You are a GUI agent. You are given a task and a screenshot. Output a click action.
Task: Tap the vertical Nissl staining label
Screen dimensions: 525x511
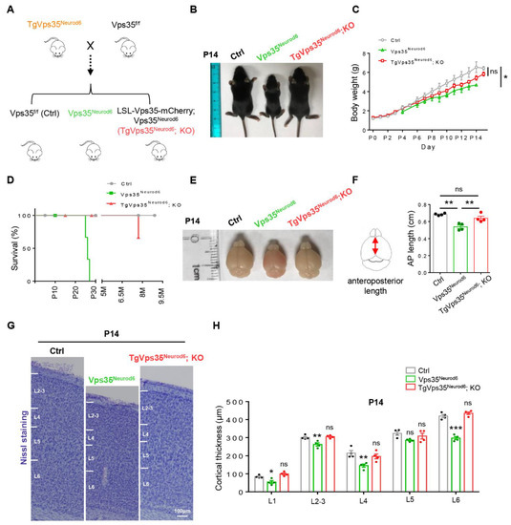[11, 430]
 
